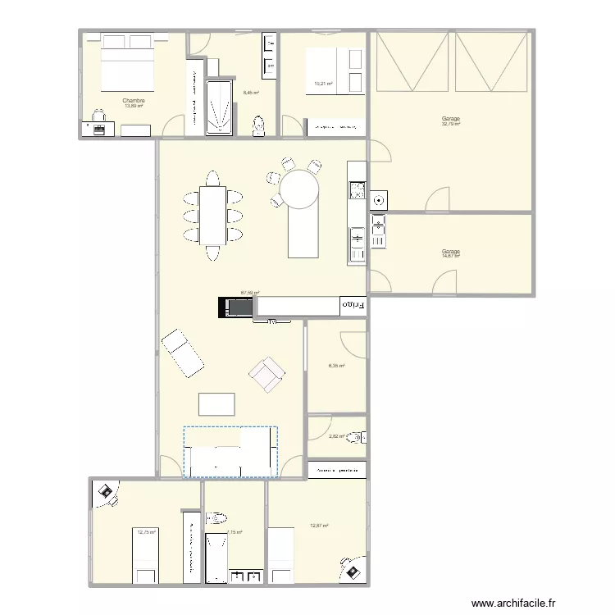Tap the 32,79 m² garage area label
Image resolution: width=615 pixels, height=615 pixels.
coord(450,123)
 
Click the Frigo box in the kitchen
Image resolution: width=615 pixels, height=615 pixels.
coord(353,306)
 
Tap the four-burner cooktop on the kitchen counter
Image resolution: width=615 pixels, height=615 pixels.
coord(356,190)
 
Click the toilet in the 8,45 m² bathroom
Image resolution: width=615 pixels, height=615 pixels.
coord(259,125)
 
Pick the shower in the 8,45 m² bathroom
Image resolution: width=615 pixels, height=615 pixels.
coord(219,107)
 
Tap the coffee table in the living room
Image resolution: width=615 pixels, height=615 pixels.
coord(216,404)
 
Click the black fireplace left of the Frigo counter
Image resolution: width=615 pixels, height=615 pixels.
coord(237,307)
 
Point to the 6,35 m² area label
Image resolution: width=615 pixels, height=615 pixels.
coord(336,367)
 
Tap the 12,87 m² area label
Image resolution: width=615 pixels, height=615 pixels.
coord(319,526)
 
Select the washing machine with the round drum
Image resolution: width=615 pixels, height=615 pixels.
coord(378,199)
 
